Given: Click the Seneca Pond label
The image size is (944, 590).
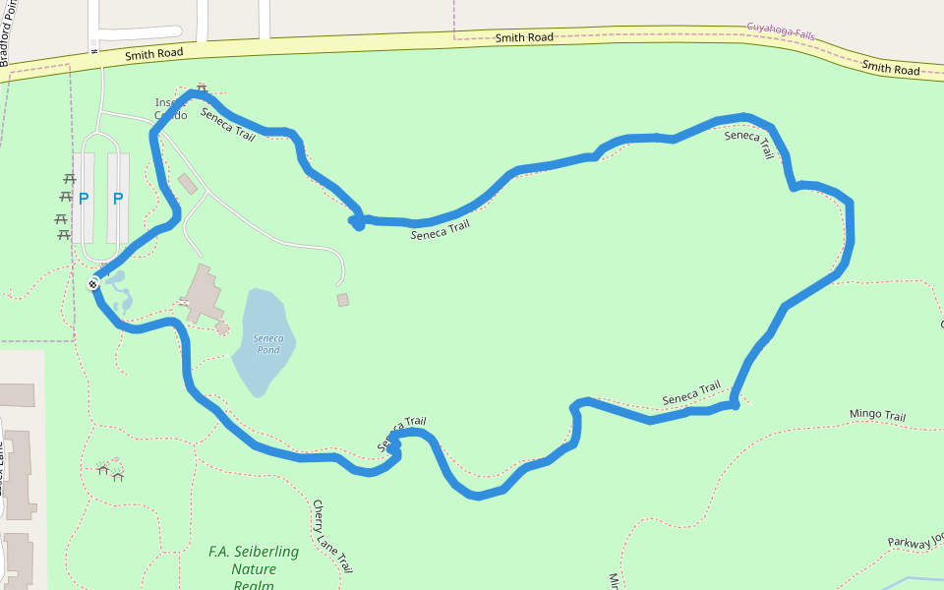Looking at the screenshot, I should click(268, 344).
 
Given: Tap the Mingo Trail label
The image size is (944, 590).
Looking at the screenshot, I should click(877, 416).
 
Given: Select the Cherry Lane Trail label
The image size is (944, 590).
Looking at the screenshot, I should click(331, 536).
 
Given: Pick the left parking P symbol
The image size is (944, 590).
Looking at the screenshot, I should click(84, 199).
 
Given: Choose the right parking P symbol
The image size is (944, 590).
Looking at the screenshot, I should click(118, 199).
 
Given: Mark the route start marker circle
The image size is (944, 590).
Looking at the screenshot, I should click(92, 284).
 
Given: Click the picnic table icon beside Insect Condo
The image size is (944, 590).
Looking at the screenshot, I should click(202, 88).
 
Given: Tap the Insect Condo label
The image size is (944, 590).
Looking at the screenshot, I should click(170, 108).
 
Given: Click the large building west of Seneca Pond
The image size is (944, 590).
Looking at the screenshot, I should click(203, 293).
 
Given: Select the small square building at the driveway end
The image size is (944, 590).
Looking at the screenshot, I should click(342, 299).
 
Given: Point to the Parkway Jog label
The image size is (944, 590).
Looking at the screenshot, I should click(915, 541).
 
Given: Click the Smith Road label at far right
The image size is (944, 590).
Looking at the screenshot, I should click(891, 69).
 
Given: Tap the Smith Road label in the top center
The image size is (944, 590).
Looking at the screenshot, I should click(523, 37).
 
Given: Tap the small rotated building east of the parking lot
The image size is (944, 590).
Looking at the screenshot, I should click(187, 184).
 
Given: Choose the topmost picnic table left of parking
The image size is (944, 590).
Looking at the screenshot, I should click(70, 179).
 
